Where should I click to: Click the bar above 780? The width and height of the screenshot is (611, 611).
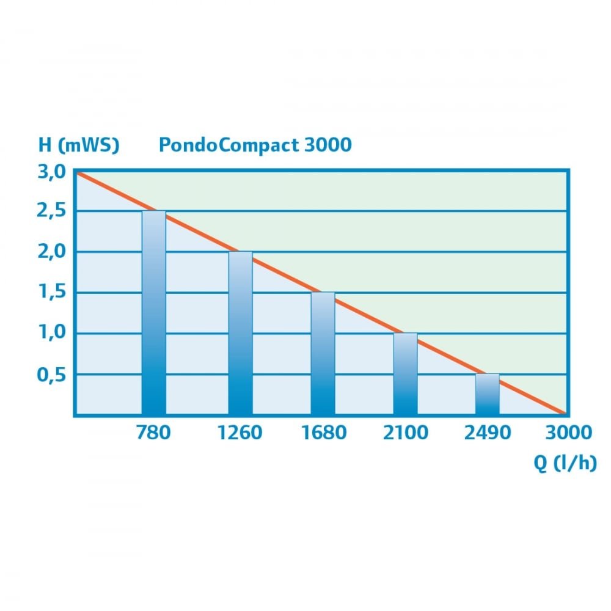click(x=153, y=313)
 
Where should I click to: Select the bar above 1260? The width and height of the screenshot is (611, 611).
click(x=240, y=333)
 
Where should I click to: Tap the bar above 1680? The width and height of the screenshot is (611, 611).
click(x=323, y=354)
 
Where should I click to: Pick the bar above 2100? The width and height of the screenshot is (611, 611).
click(x=405, y=374)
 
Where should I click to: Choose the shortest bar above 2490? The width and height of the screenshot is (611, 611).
click(x=487, y=394)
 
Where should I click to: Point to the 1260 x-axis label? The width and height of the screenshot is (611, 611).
click(x=240, y=433)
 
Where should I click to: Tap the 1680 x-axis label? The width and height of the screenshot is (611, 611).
click(x=324, y=433)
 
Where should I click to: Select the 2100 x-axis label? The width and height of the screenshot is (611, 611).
click(x=406, y=433)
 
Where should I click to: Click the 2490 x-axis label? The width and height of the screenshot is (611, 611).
click(x=488, y=433)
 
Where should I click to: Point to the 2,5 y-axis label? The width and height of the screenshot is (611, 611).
click(x=50, y=211)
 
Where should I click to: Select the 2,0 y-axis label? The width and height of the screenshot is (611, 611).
click(x=50, y=252)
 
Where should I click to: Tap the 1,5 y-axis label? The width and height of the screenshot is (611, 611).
click(x=50, y=293)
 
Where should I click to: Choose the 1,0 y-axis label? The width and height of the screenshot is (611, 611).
click(x=50, y=334)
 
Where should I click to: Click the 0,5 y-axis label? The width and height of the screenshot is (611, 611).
click(x=50, y=375)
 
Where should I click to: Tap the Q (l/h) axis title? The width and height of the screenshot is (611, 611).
click(x=565, y=464)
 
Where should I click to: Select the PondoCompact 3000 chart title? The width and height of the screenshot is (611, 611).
click(x=255, y=145)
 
